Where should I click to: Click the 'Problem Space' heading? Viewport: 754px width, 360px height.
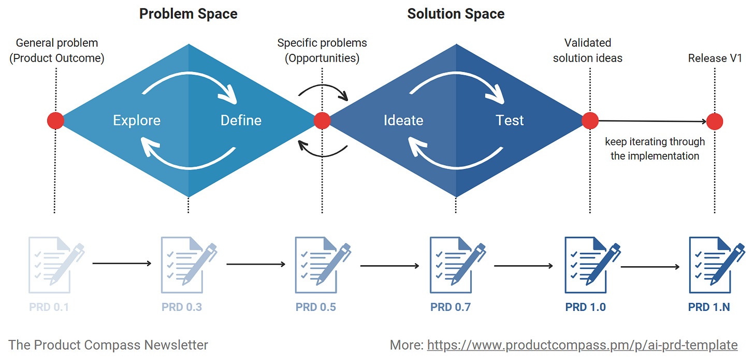coord(188,13)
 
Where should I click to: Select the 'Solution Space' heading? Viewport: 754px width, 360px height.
coord(456,13)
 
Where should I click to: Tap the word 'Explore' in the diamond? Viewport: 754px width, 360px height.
coord(137,121)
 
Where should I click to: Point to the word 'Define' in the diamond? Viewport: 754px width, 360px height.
coord(241,121)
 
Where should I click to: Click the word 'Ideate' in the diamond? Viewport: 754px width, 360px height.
coord(403,121)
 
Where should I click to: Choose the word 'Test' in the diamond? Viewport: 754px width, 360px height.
coord(510,121)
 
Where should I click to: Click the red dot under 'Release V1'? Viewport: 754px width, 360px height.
coord(715,122)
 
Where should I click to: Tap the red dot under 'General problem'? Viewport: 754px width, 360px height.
coord(55,121)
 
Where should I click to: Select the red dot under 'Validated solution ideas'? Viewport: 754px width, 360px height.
coord(590,121)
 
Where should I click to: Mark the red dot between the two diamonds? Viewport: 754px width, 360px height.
coord(322,121)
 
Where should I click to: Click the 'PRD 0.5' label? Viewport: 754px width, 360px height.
coord(316,307)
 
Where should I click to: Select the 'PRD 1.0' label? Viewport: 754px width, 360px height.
coord(585,307)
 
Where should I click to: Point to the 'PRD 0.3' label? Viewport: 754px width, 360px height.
coord(182,307)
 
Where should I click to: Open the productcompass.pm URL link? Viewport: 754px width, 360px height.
coord(582,345)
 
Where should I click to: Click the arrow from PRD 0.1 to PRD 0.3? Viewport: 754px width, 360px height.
coord(122,264)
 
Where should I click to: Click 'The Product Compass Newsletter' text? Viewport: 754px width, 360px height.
coord(108,345)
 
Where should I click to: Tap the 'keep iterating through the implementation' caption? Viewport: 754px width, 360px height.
coord(655,149)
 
